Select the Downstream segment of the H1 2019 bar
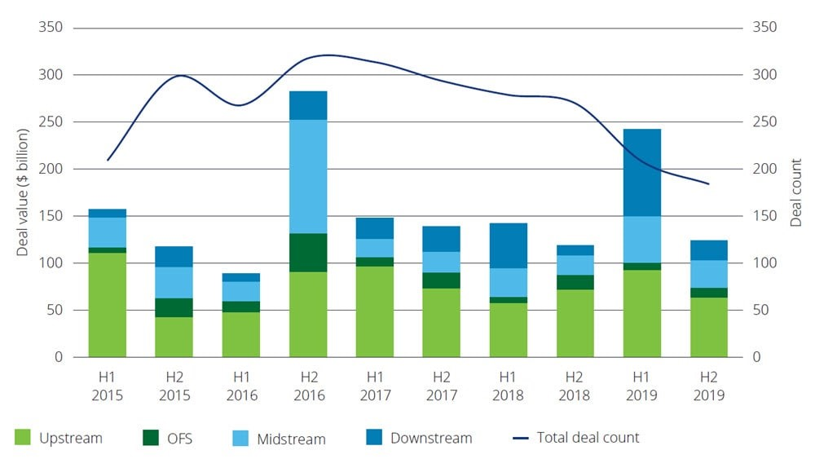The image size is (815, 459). (642, 172)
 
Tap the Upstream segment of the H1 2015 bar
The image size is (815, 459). (108, 305)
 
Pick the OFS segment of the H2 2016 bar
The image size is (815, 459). (308, 253)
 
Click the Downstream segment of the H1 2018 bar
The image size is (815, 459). (509, 245)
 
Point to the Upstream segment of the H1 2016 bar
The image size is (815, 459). (241, 334)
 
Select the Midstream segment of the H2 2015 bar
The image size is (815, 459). (174, 282)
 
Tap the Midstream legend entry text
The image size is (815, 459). (292, 439)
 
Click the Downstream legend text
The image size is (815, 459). (431, 438)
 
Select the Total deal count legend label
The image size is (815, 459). (588, 437)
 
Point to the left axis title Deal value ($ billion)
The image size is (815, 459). (23, 192)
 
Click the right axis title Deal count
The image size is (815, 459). (795, 192)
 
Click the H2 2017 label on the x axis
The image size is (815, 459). (442, 386)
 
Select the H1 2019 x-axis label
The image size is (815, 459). (642, 386)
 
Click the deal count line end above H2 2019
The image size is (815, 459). (708, 184)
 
